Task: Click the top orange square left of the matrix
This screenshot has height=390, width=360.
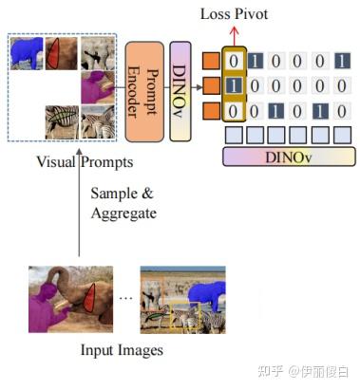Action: pyautogui.click(x=211, y=64)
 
